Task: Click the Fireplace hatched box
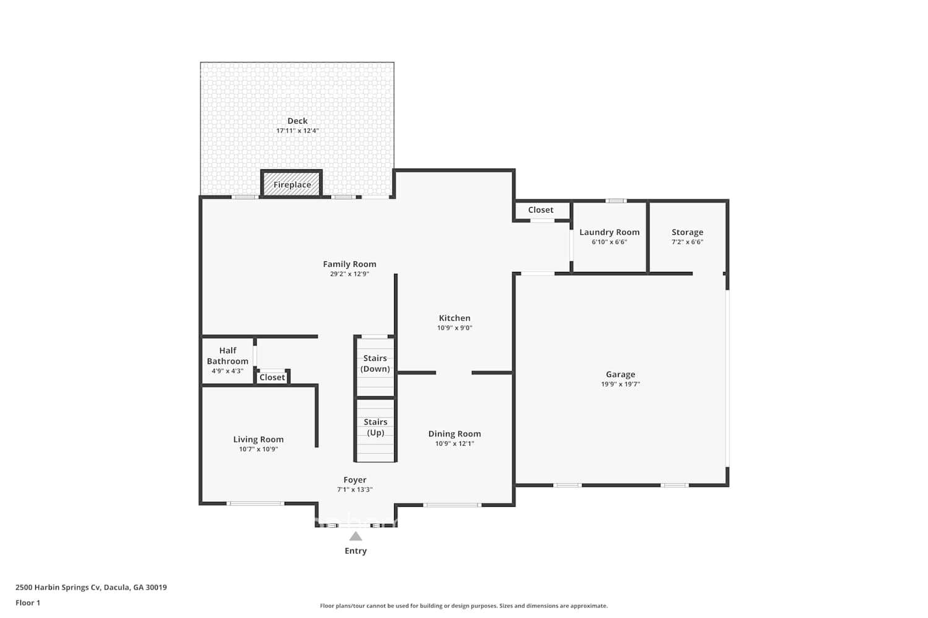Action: (x=291, y=184)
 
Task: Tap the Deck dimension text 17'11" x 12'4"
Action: (x=298, y=131)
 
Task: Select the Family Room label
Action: (x=350, y=264)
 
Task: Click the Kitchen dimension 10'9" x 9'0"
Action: (x=455, y=328)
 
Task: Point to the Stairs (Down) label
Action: (x=375, y=363)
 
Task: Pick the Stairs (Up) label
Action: (x=375, y=427)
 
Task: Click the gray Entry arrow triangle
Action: (x=356, y=536)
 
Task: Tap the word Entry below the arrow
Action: (x=356, y=551)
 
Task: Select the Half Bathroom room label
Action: (x=228, y=355)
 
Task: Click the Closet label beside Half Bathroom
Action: (x=272, y=377)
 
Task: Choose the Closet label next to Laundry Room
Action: (x=541, y=210)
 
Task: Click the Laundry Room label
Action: (x=609, y=232)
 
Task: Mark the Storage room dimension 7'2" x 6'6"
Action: (x=687, y=242)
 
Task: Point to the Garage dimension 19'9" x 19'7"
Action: (x=621, y=384)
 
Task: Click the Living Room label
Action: (x=259, y=439)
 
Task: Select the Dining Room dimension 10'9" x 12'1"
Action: (x=455, y=444)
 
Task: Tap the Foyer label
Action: (x=355, y=480)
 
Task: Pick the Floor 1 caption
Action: (x=28, y=603)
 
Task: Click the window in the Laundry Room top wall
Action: (x=616, y=201)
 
